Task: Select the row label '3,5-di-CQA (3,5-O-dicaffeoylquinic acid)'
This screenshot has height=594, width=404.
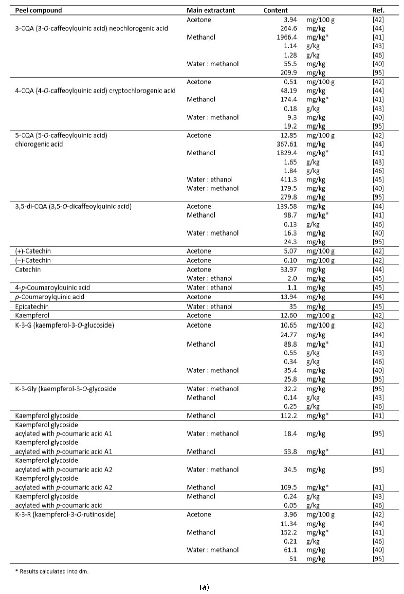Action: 73,206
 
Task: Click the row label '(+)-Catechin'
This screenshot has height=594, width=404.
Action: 33,251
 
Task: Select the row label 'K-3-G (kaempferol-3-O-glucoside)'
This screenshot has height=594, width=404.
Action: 64,325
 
